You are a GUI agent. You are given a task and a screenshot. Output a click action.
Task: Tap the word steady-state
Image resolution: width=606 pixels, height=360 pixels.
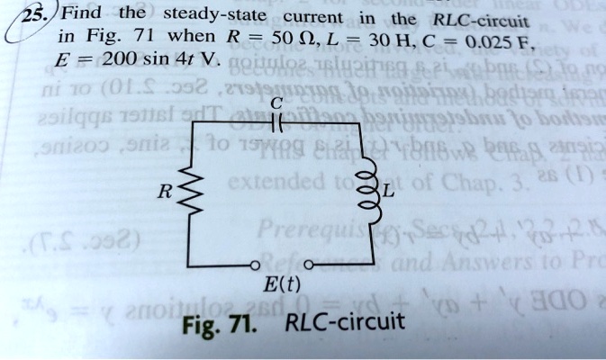(x=210, y=16)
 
